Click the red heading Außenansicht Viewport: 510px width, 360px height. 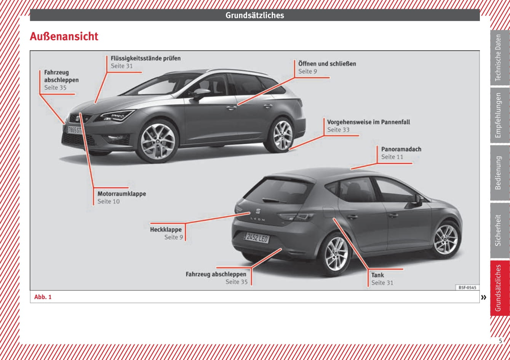tap(64, 37)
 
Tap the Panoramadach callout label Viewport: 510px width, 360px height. tap(401, 149)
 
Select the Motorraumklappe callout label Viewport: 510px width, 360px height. tap(122, 194)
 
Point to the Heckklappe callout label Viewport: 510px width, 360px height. tap(166, 230)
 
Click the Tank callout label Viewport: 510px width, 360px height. tap(377, 275)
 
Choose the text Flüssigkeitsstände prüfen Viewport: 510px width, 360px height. tap(145, 58)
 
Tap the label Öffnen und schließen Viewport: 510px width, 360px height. tap(327, 64)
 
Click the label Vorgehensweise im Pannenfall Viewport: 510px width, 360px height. tap(368, 122)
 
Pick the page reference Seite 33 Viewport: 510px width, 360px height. tap(338, 130)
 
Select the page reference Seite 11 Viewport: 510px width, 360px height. tap(392, 157)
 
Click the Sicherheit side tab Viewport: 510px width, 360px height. tap(499, 230)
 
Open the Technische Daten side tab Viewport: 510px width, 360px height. tap(499, 58)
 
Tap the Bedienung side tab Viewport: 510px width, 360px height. tap(499, 173)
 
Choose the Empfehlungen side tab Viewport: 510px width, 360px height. tap(499, 115)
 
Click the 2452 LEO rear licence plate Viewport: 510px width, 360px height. tap(256, 238)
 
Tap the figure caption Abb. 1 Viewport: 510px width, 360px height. tap(43, 297)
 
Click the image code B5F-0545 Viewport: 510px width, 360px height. tap(467, 288)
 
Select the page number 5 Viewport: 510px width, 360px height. tap(500, 341)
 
